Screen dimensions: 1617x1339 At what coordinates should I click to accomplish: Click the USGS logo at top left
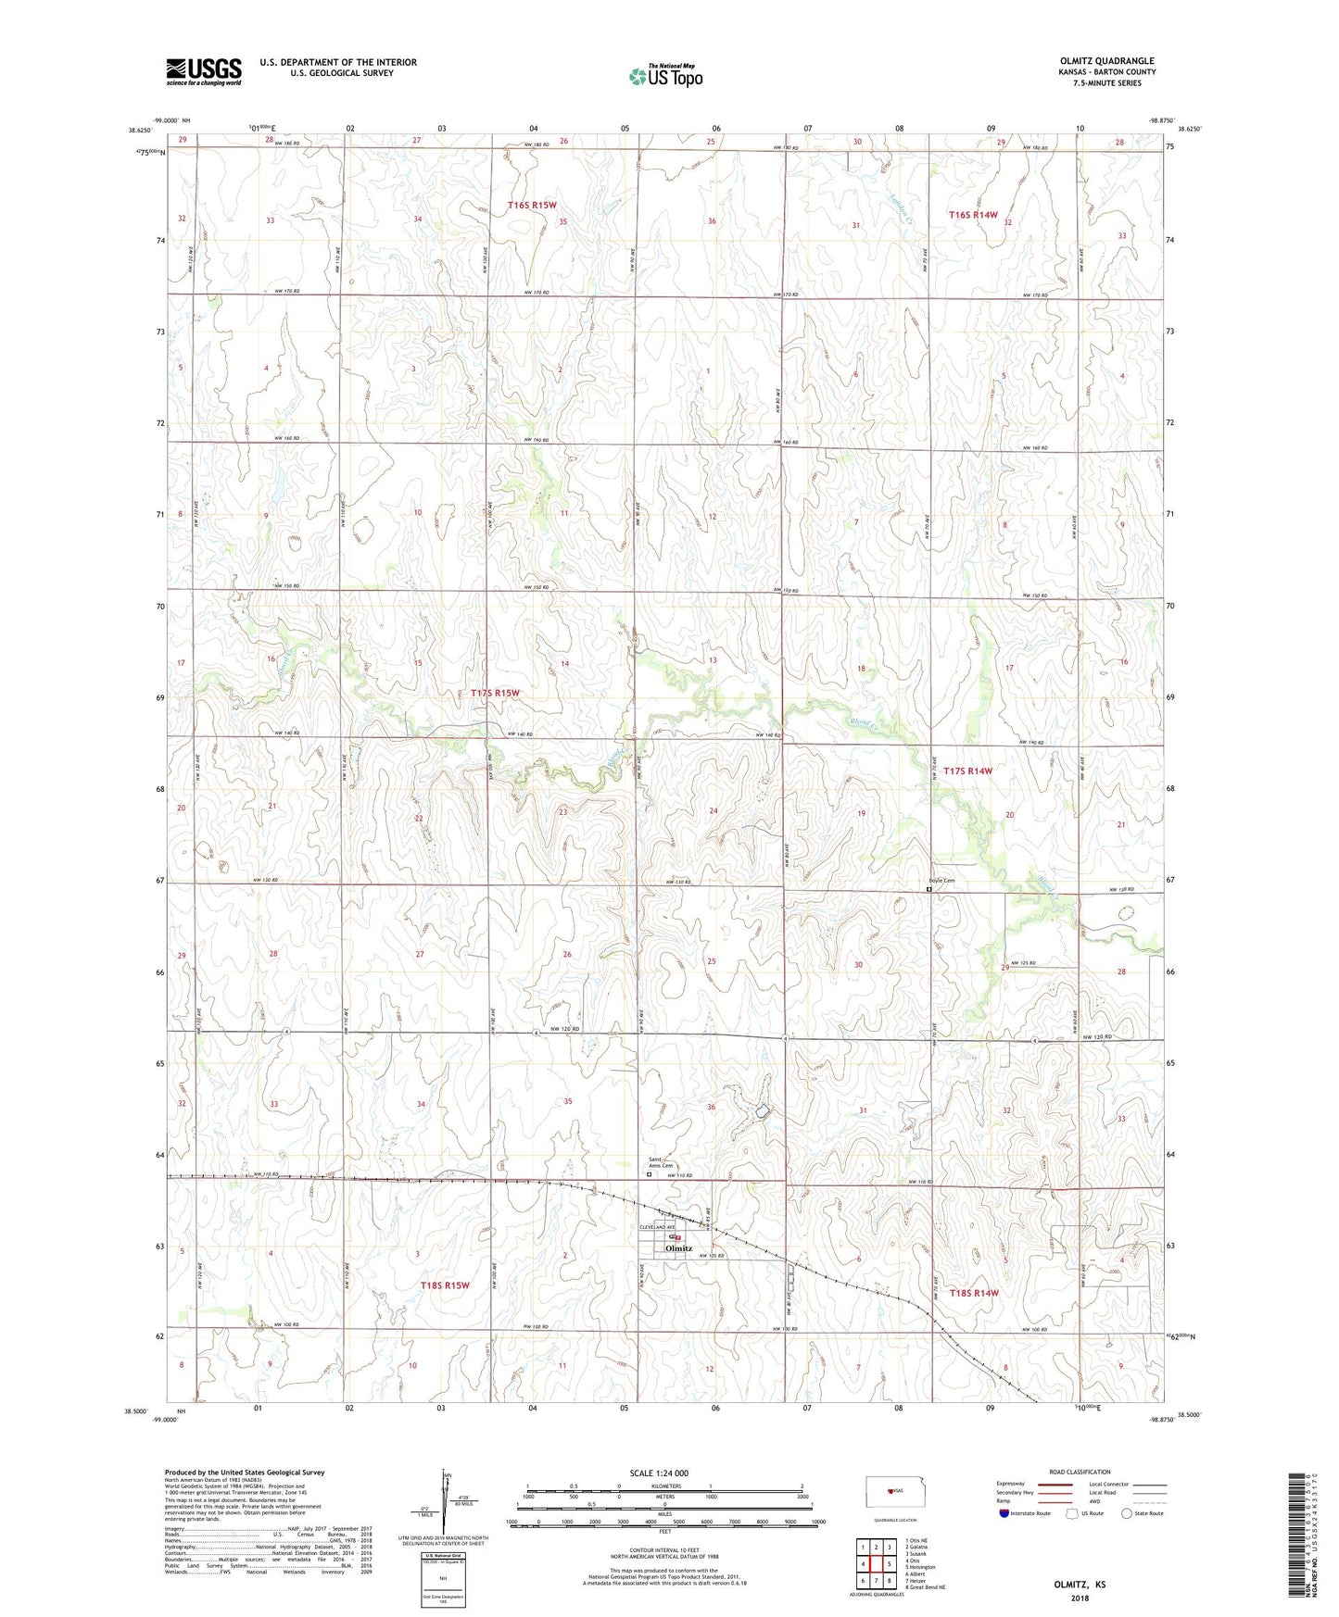point(204,71)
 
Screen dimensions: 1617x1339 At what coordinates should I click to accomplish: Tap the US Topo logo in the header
point(665,76)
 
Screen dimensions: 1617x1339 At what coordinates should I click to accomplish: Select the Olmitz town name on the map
point(679,1248)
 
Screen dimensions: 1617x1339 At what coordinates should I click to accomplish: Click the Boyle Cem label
point(941,881)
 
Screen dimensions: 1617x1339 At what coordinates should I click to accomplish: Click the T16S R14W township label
point(974,215)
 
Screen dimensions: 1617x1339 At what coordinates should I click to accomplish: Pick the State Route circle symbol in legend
point(1127,1514)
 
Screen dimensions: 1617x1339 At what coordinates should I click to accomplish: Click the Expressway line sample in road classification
point(1056,1483)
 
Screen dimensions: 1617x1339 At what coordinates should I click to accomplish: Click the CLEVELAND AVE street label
point(658,1227)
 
